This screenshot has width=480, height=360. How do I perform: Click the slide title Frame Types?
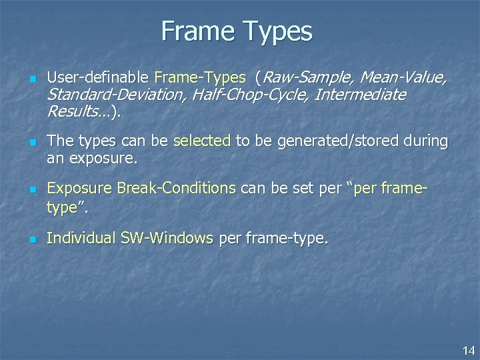tap(236, 31)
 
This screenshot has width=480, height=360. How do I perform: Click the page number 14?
tap(468, 350)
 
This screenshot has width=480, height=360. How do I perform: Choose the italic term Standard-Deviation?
tap(115, 95)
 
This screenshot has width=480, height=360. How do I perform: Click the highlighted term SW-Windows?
tap(166, 237)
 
